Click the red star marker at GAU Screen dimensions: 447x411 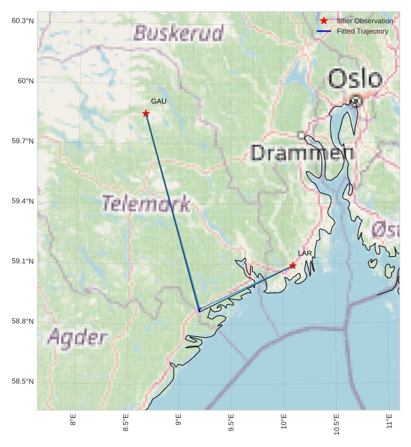point(146,114)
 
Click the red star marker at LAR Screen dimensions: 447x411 point(293,266)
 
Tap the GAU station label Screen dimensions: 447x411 point(159,102)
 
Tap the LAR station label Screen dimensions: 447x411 point(305,253)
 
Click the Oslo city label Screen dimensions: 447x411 point(355,80)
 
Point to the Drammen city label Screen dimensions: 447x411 point(302,153)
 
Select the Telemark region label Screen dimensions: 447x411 point(147,204)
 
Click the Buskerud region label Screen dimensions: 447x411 point(178,33)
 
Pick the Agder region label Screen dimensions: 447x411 point(77,337)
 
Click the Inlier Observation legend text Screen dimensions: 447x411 point(364,21)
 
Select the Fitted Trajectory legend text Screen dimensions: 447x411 point(362,31)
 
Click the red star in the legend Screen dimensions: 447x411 point(324,21)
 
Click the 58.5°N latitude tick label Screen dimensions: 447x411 point(23,382)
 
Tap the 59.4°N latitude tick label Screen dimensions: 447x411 point(23,201)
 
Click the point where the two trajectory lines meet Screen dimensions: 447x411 point(199,311)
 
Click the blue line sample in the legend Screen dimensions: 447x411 point(324,31)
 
